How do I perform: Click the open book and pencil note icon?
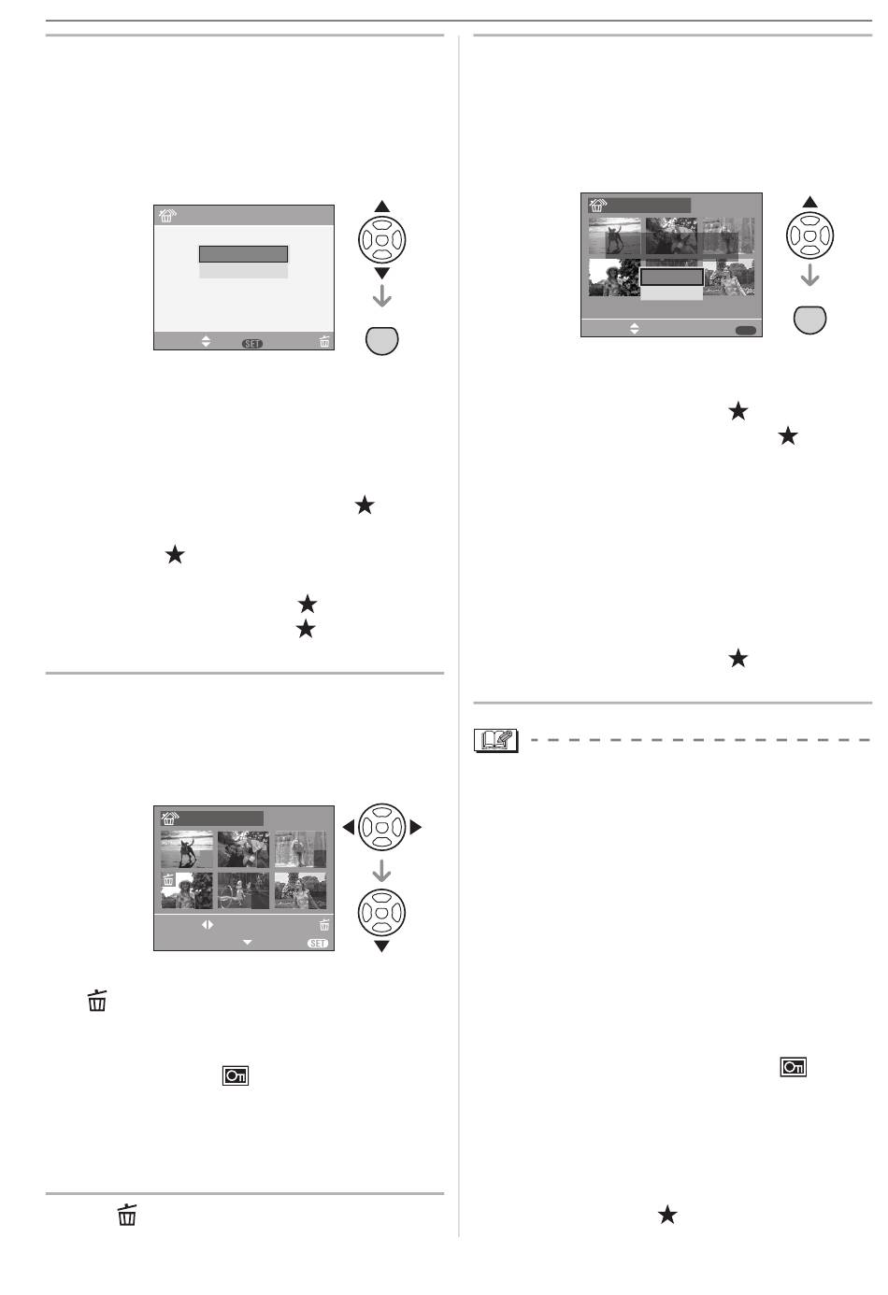[494, 740]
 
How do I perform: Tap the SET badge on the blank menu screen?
[252, 344]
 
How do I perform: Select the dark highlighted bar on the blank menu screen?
[243, 254]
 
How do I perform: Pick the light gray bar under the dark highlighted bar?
[243, 270]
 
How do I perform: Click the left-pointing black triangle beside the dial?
[348, 827]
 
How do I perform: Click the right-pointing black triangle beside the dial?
[416, 827]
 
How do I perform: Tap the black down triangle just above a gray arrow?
[382, 273]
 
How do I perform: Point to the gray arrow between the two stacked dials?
[382, 872]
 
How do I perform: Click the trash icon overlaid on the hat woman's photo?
[169, 880]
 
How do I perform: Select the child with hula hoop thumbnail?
[243, 890]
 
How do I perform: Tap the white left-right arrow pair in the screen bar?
[208, 925]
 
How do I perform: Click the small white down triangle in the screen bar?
[248, 943]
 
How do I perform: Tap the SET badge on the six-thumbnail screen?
[318, 944]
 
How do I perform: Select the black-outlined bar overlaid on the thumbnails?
[671, 277]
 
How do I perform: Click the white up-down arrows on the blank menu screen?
[207, 342]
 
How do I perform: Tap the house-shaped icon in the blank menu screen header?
[167, 216]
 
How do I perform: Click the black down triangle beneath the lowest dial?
[382, 946]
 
